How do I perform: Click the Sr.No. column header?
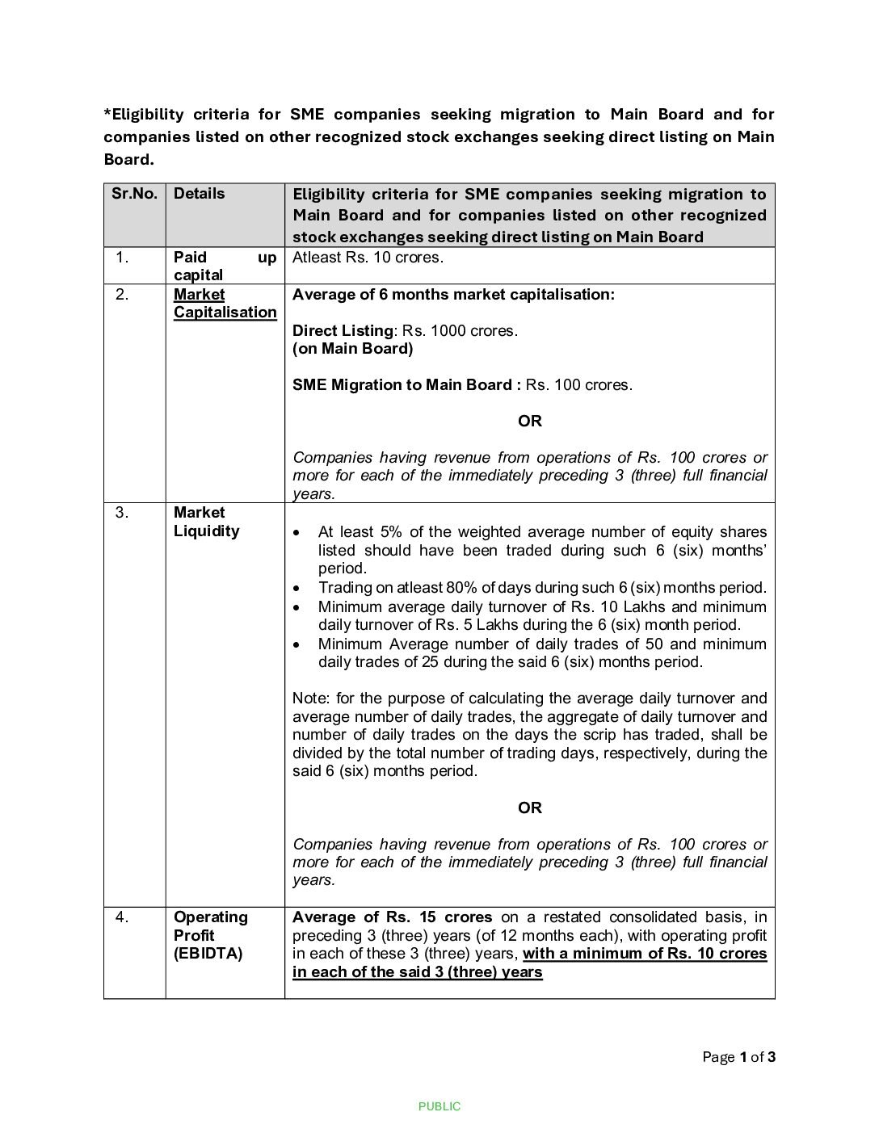point(134,194)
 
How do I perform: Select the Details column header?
point(199,194)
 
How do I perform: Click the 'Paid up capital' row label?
point(225,266)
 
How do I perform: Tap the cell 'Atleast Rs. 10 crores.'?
point(368,258)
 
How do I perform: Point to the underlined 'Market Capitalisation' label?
point(225,304)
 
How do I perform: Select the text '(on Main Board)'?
point(352,349)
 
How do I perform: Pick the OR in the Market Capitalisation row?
point(529,422)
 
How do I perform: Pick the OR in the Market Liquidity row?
point(529,808)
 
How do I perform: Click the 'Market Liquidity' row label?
point(206,522)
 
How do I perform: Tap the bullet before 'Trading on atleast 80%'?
point(299,589)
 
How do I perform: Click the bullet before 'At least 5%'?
point(299,533)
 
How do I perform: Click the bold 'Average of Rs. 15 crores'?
point(392,917)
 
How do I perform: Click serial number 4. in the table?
point(122,917)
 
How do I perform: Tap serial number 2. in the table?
point(122,295)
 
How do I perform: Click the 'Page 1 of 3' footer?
point(738,1058)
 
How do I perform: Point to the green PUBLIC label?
point(439,1107)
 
